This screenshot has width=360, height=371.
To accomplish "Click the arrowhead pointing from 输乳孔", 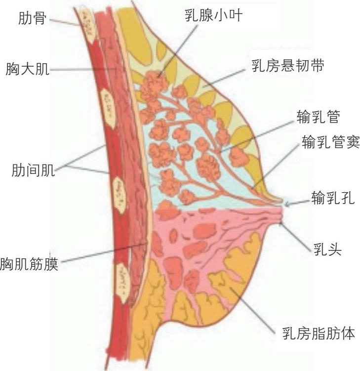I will click(x=288, y=203).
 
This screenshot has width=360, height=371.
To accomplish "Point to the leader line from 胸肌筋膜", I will click(x=104, y=252).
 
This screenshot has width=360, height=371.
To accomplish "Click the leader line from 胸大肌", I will click(x=84, y=70).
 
